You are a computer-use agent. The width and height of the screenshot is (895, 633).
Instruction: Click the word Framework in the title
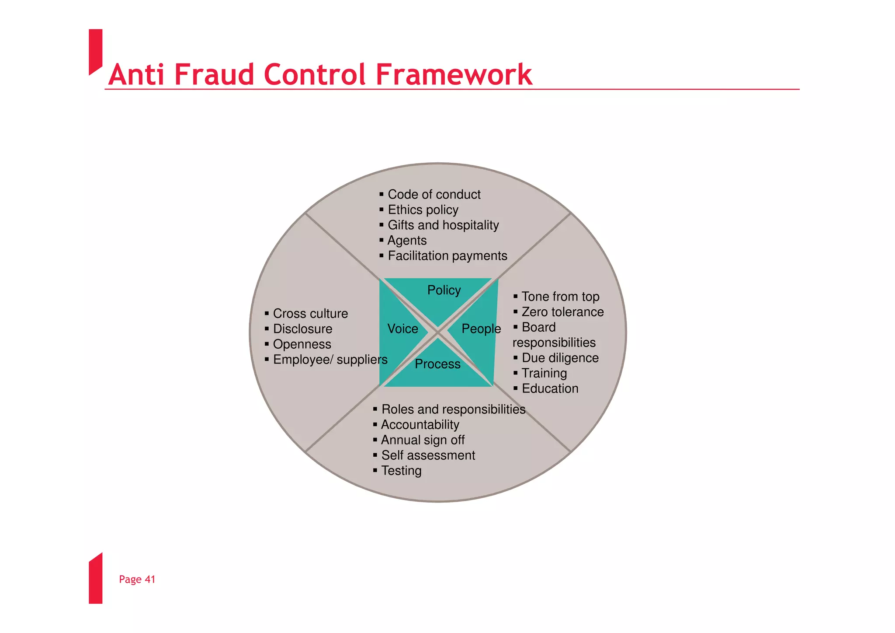pos(454,74)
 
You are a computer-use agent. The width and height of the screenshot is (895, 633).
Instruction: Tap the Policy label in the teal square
pos(444,290)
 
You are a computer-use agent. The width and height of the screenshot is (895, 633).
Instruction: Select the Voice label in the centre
pos(402,329)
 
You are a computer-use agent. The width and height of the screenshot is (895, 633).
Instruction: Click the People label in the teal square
pos(481,329)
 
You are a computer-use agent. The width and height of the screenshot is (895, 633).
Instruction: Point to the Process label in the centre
pos(437,364)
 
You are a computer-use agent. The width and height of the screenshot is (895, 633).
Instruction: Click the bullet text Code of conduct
pos(434,194)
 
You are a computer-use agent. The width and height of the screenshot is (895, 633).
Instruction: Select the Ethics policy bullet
pos(423,210)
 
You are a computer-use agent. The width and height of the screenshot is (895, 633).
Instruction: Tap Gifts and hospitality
pos(443,225)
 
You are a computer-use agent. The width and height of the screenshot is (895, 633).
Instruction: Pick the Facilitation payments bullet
pos(447,255)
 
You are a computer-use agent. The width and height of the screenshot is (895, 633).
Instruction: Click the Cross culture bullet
pos(310,314)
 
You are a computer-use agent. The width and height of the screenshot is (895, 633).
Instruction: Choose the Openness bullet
pos(302,344)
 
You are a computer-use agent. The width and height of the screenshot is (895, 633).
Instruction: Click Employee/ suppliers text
pos(330,360)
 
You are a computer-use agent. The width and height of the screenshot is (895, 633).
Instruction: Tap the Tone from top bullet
pos(560,297)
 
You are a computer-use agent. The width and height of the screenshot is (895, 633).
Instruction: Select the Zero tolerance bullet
pos(562,312)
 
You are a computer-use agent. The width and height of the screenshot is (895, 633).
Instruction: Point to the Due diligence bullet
pos(560,358)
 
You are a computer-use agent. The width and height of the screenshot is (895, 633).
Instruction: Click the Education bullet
pos(550,388)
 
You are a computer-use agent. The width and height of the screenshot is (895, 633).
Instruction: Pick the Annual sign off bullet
pos(423,440)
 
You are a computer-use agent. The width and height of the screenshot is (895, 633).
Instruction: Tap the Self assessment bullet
pos(428,455)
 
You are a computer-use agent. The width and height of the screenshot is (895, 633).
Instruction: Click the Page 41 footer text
pos(137,579)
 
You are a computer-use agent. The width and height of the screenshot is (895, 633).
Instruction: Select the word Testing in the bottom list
pos(401,471)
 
